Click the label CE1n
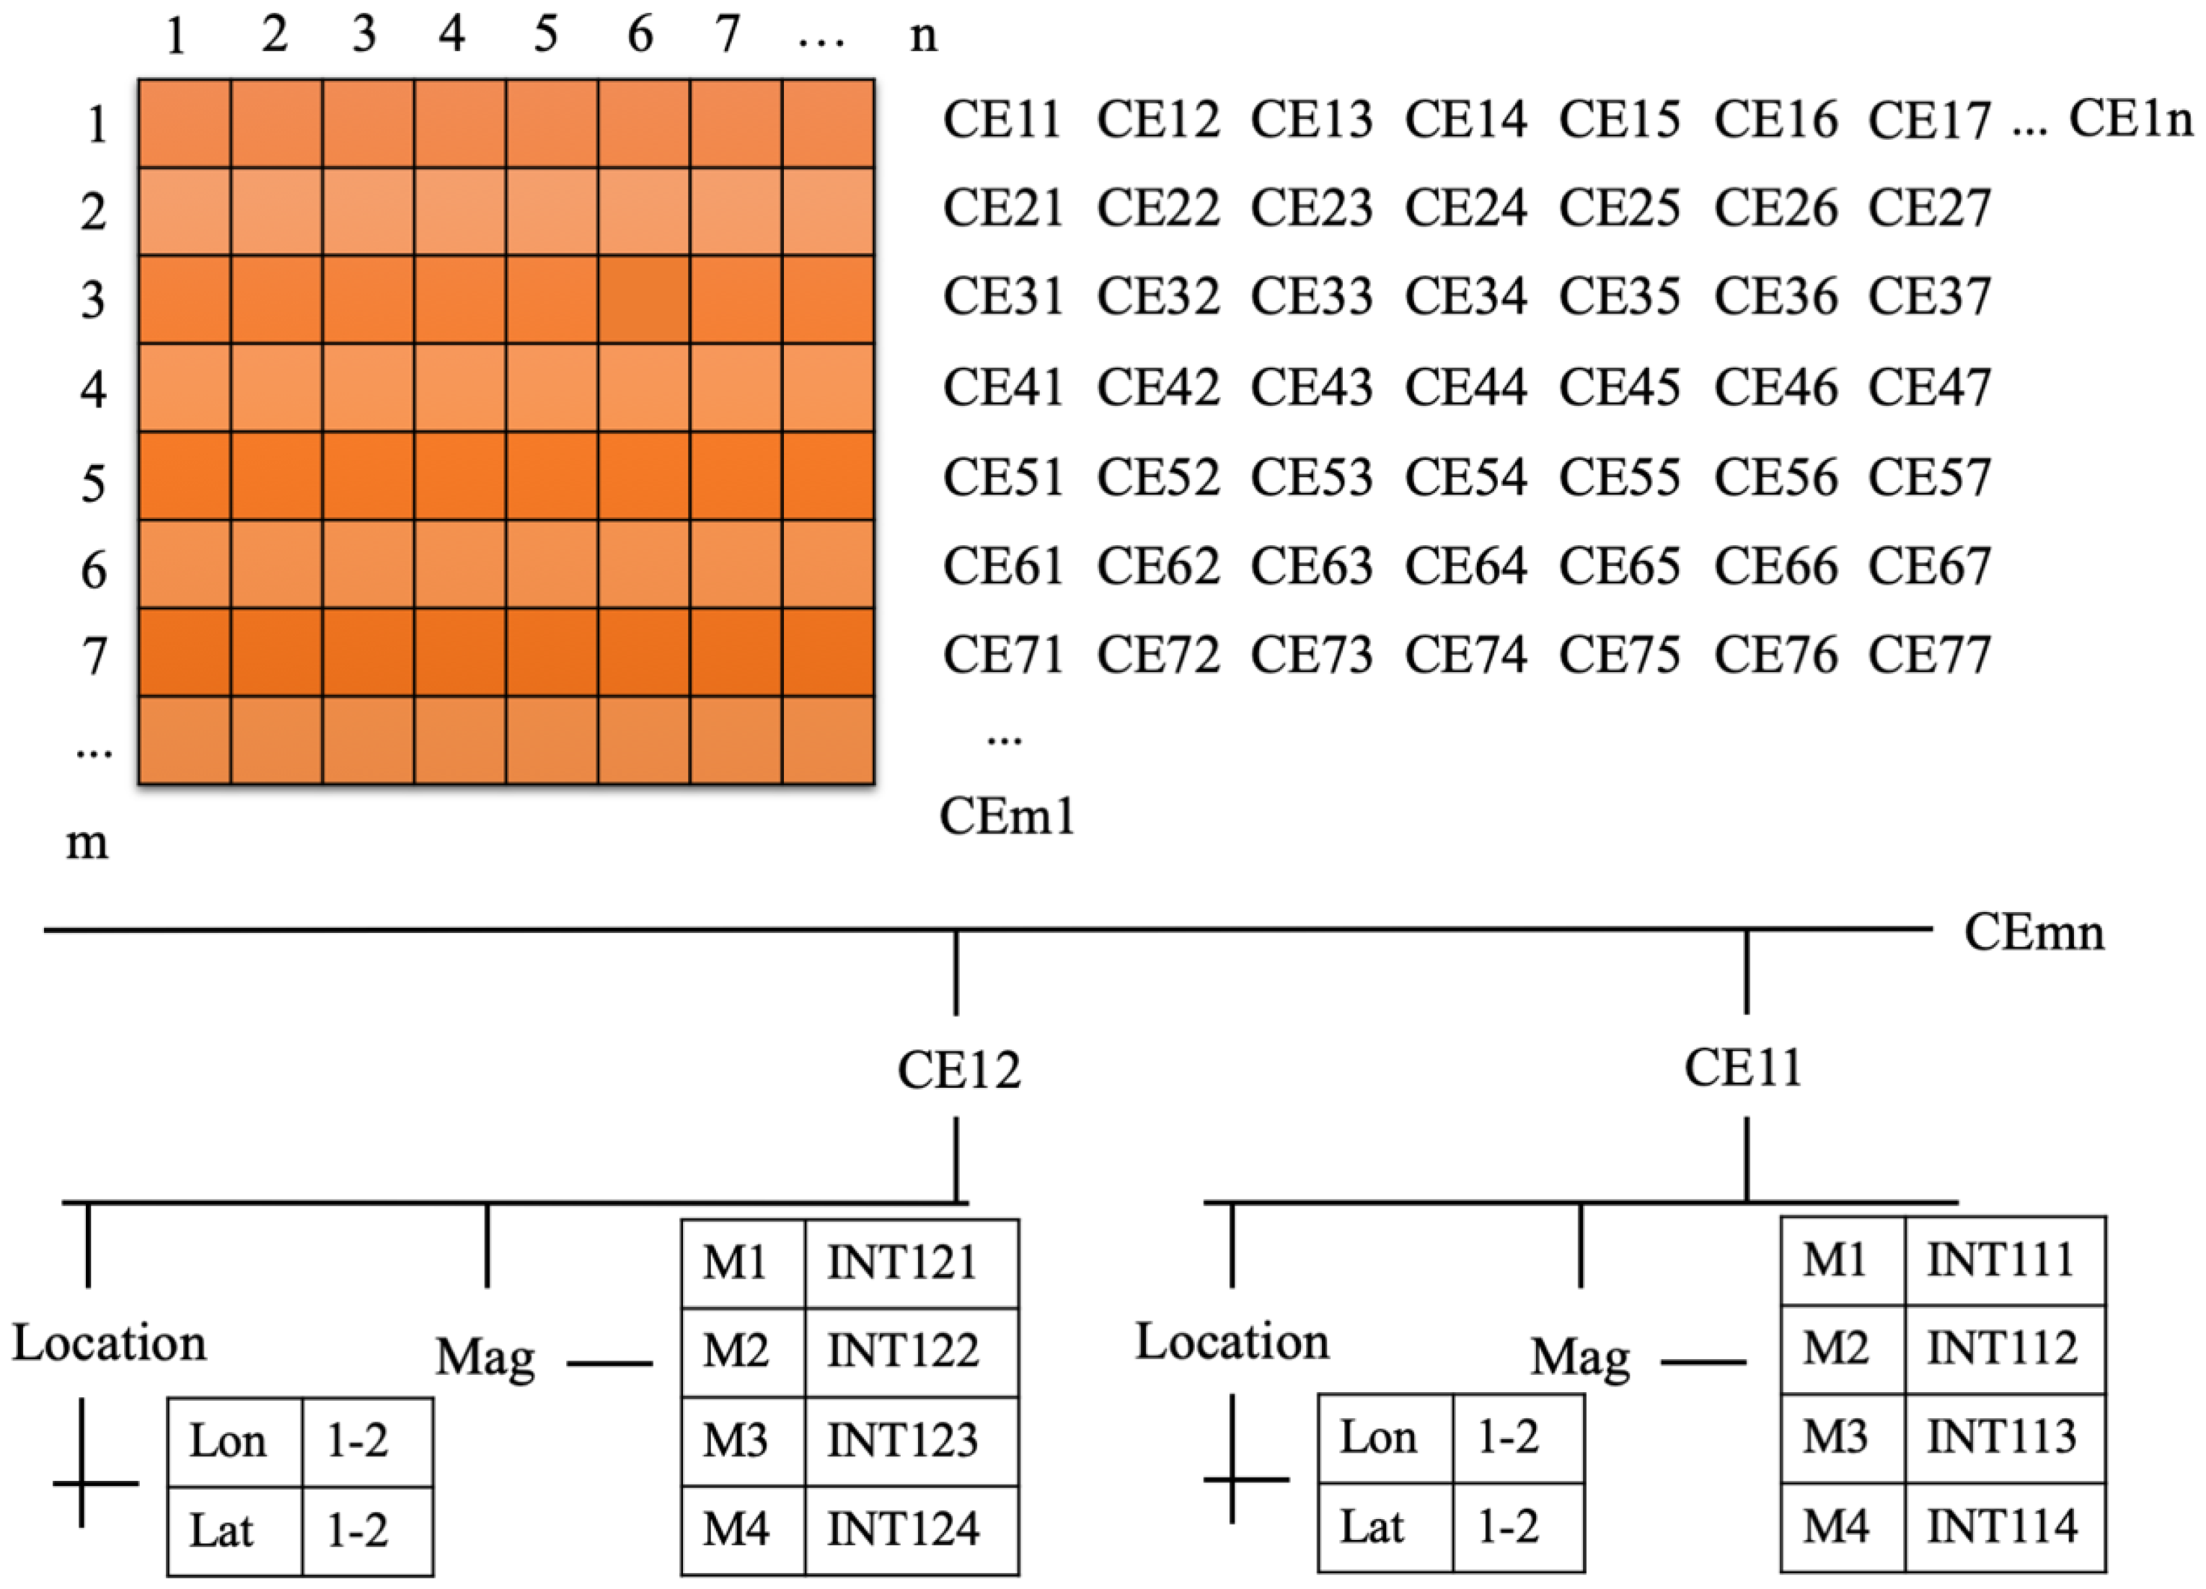(2130, 120)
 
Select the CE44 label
(1466, 387)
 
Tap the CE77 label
(1930, 655)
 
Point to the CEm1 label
(1007, 817)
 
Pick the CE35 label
(1620, 296)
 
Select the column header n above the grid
(923, 37)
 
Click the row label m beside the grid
(87, 843)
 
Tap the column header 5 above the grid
(546, 35)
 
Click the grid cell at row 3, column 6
(644, 299)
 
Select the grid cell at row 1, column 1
(185, 123)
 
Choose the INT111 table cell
(2002, 1260)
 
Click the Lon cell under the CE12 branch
(228, 1441)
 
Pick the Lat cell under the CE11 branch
(1372, 1527)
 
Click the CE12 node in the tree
(959, 1071)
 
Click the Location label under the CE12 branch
(109, 1344)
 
